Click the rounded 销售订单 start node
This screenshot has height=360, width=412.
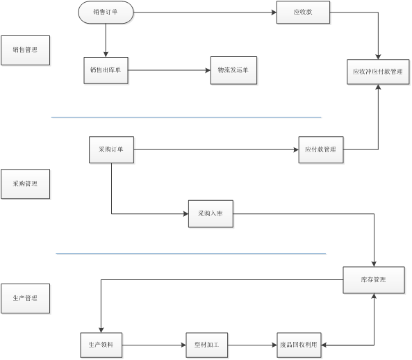[106, 13]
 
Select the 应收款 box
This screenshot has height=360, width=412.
[303, 13]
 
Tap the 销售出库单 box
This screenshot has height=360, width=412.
[106, 70]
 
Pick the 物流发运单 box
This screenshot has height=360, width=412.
[233, 70]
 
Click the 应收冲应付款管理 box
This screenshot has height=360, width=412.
[378, 72]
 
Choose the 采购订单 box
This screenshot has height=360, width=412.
[111, 150]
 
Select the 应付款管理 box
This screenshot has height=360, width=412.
[321, 150]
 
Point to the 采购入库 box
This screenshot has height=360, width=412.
[211, 213]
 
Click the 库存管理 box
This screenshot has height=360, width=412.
[374, 280]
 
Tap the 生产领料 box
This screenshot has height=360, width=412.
[101, 345]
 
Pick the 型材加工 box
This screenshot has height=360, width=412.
[207, 345]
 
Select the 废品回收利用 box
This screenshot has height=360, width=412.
[299, 345]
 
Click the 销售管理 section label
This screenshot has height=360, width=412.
[26, 50]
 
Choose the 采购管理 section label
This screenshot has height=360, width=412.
[26, 183]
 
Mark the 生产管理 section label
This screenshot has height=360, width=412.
[26, 298]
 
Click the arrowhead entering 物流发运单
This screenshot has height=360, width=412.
[208, 70]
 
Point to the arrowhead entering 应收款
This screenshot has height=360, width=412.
[274, 13]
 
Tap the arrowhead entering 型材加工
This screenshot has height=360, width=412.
[183, 345]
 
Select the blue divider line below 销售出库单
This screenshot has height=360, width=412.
[186, 117]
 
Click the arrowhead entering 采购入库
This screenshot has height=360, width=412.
[186, 213]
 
